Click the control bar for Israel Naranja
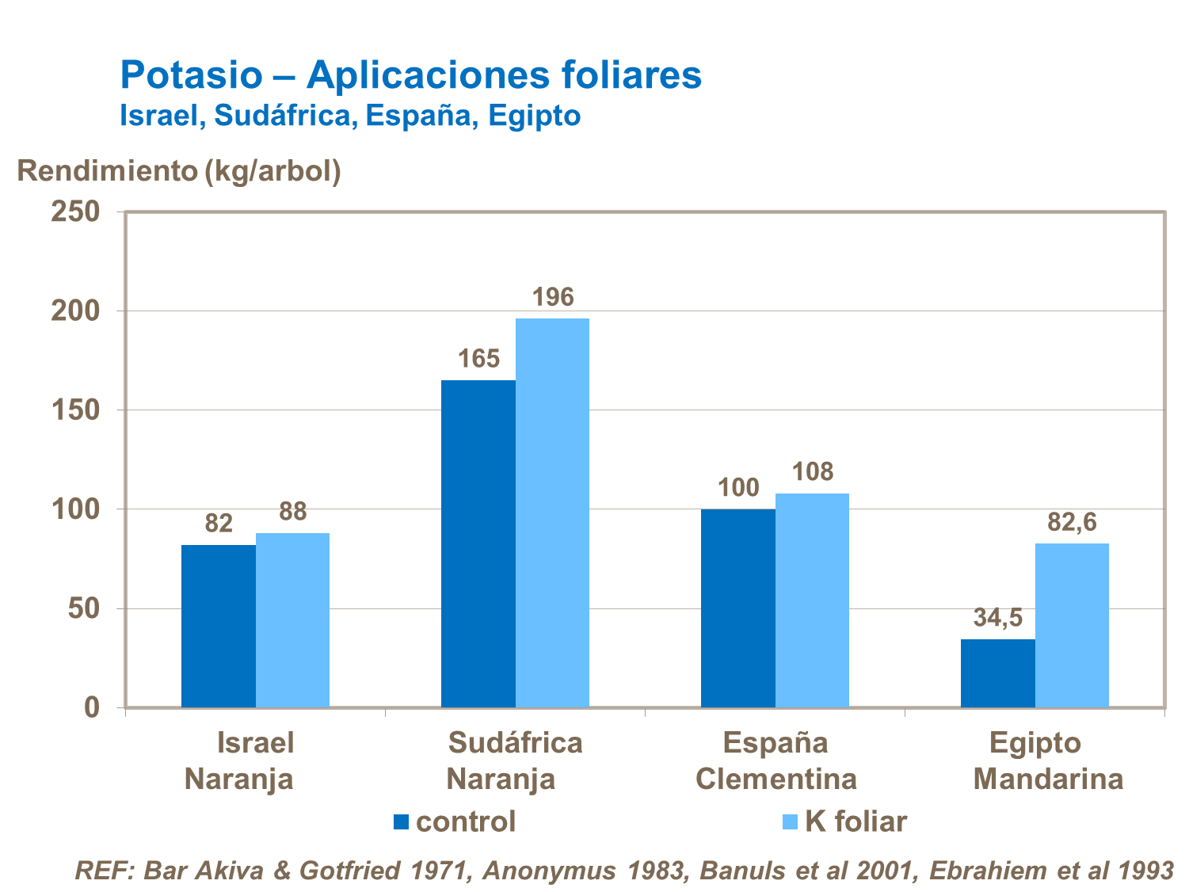click(x=219, y=626)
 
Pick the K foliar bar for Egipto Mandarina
click(x=1072, y=625)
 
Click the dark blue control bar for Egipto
click(x=997, y=673)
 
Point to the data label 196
click(x=552, y=297)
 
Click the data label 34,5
click(x=997, y=617)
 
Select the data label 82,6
click(x=1072, y=522)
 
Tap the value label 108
click(x=813, y=471)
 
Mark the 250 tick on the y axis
click(x=76, y=212)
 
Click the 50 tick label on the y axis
click(x=84, y=608)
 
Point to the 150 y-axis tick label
click(x=76, y=410)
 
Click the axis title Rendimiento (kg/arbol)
click(x=179, y=170)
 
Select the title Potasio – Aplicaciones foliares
click(x=410, y=75)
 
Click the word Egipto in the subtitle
click(x=534, y=116)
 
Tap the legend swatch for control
click(x=401, y=822)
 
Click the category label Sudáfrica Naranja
click(x=514, y=760)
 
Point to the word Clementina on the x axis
click(x=776, y=779)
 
